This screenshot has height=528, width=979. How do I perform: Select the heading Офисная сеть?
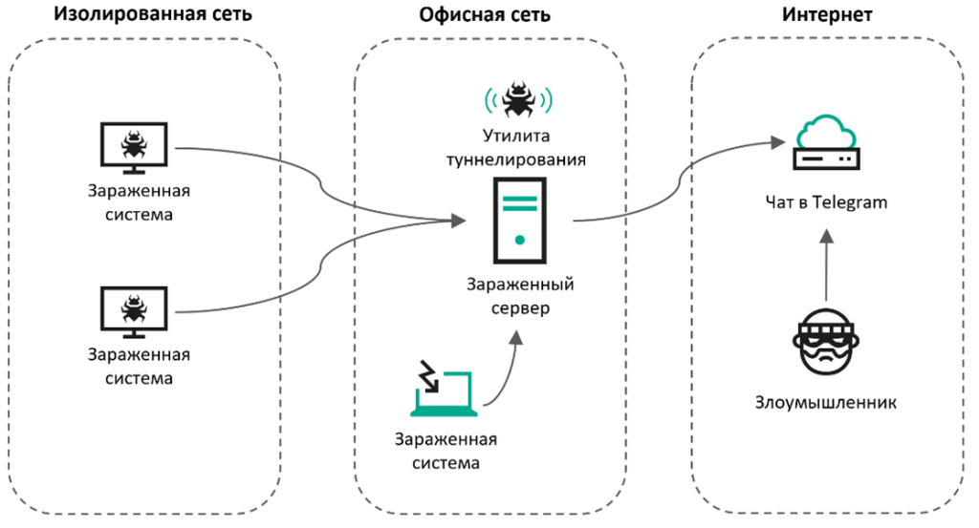pyautogui.click(x=485, y=15)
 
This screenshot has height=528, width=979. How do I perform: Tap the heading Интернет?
pyautogui.click(x=827, y=15)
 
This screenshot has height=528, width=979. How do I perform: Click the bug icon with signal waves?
pyautogui.click(x=518, y=98)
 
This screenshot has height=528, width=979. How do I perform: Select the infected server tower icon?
pyautogui.click(x=520, y=221)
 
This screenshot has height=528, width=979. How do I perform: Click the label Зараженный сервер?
pyautogui.click(x=520, y=297)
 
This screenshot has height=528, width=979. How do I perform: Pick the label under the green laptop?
pyautogui.click(x=446, y=452)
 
